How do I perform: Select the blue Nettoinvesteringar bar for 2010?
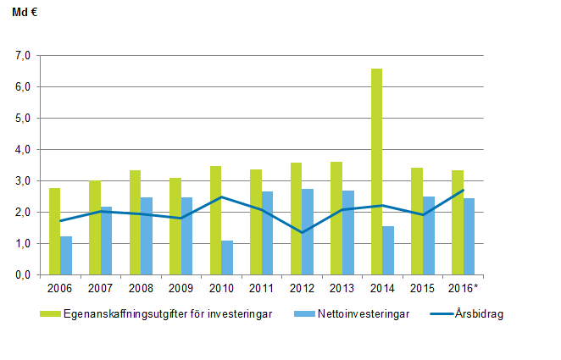(226, 258)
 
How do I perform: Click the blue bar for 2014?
(387, 250)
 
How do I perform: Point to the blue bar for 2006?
(66, 255)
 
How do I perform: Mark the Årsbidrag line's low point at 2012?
(302, 232)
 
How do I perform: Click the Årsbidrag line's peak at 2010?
(221, 197)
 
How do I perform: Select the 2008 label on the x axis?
(141, 287)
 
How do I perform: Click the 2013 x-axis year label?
(342, 287)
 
